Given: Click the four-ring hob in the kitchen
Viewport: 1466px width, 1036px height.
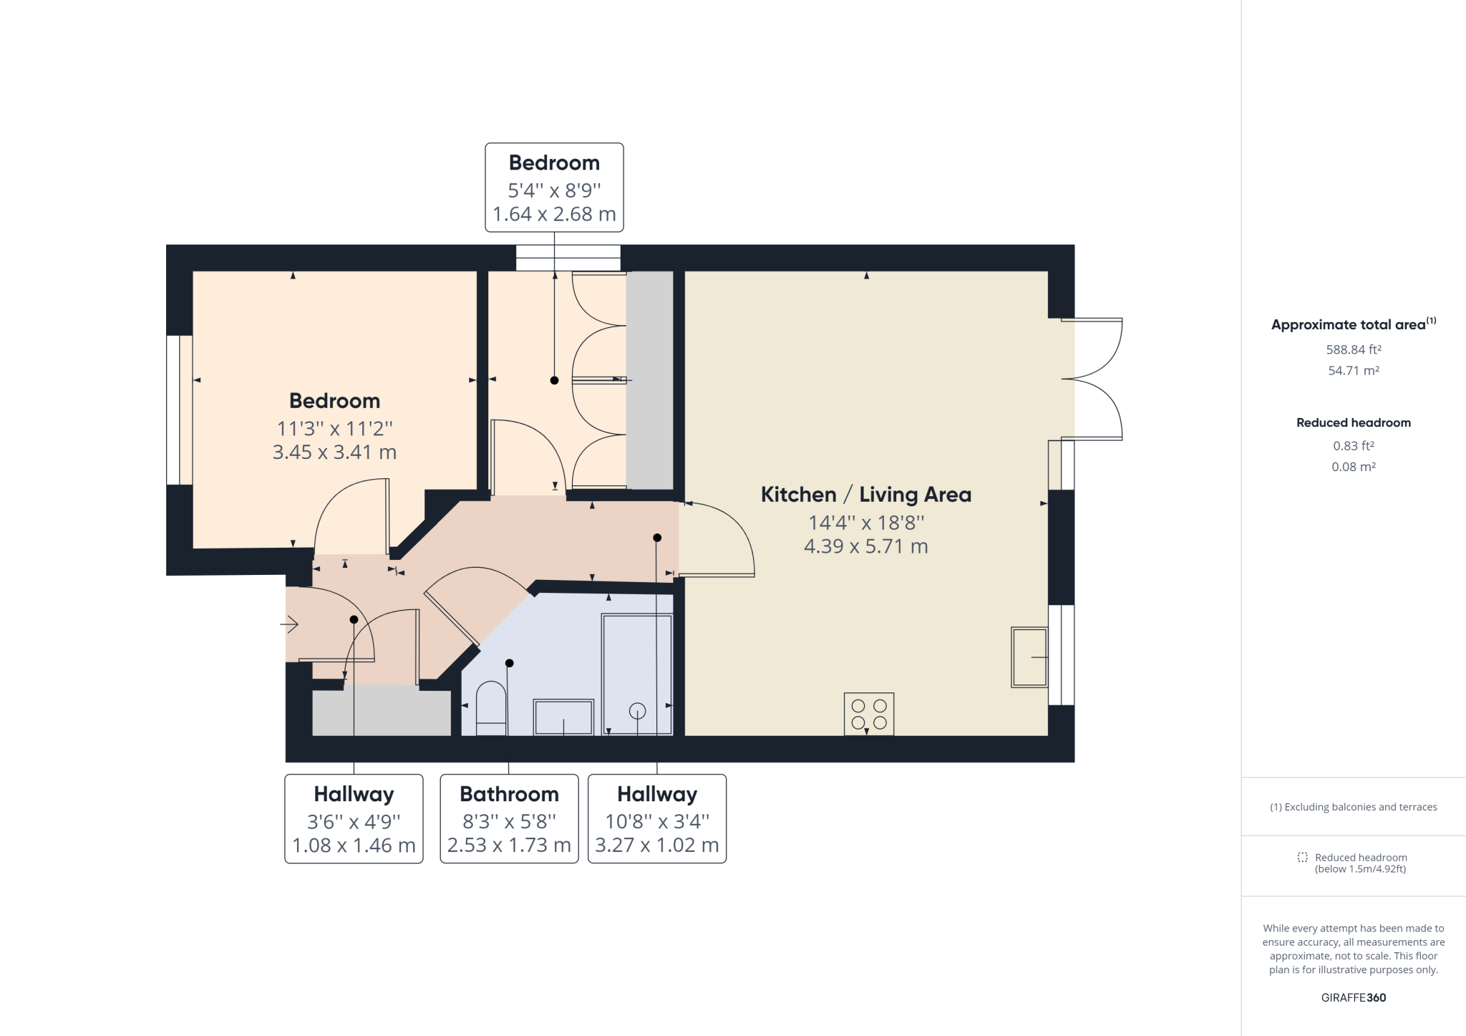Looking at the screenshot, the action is pyautogui.click(x=869, y=714).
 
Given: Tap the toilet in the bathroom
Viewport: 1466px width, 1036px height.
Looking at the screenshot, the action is pyautogui.click(x=491, y=708).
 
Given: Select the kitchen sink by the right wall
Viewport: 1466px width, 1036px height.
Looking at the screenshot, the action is pyautogui.click(x=1029, y=657).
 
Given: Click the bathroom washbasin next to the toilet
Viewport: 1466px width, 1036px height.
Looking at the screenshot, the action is pyautogui.click(x=563, y=717).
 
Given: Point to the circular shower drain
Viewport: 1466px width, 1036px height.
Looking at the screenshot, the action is pyautogui.click(x=637, y=711).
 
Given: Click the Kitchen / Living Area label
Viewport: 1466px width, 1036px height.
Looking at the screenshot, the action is pyautogui.click(x=866, y=495).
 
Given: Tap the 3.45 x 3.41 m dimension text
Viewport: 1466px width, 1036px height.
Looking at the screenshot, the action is pyautogui.click(x=334, y=452).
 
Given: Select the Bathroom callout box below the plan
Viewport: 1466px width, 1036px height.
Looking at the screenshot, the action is pyautogui.click(x=509, y=818).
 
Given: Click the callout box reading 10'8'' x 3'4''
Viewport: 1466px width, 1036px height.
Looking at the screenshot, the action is pyautogui.click(x=657, y=818).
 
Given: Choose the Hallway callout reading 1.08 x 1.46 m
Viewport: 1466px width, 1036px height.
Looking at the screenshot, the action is pyautogui.click(x=354, y=818).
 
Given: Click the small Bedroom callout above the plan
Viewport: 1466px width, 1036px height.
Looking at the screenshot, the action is pyautogui.click(x=554, y=188).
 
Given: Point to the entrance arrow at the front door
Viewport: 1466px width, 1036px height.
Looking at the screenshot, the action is pyautogui.click(x=289, y=625).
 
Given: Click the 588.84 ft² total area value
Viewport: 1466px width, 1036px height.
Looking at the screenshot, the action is pyautogui.click(x=1354, y=349).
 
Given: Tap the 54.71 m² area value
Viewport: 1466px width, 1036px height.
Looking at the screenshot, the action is pyautogui.click(x=1354, y=370).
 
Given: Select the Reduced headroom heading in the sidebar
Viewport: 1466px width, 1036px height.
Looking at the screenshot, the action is pyautogui.click(x=1354, y=422).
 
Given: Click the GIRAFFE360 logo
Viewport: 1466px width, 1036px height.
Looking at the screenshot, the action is pyautogui.click(x=1354, y=997).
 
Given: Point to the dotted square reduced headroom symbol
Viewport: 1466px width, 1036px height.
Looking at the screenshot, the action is pyautogui.click(x=1303, y=857).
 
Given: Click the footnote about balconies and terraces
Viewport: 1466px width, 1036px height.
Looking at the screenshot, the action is pyautogui.click(x=1354, y=807).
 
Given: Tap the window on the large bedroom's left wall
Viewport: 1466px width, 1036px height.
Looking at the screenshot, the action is pyautogui.click(x=179, y=410).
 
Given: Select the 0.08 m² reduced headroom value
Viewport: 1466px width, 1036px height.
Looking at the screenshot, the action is pyautogui.click(x=1354, y=467).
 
